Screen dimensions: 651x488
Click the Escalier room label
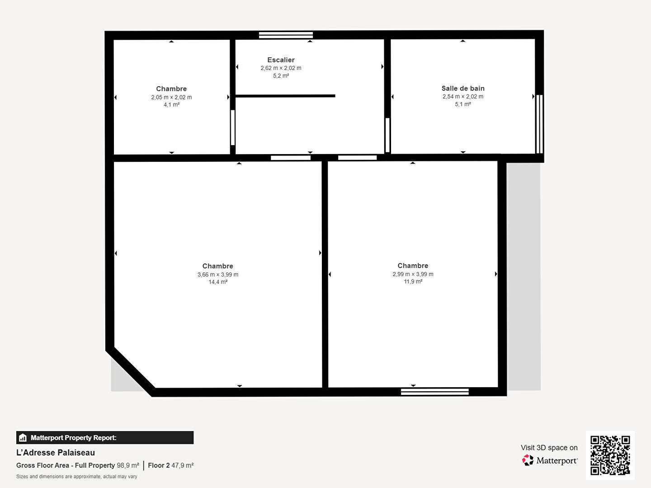281,60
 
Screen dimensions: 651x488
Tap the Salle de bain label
463,88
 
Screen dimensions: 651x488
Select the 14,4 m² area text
218,282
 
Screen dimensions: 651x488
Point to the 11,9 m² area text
413,281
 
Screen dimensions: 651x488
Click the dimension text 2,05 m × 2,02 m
171,97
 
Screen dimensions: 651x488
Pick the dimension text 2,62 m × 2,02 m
281,68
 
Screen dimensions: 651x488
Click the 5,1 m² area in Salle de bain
463,104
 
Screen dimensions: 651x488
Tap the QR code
610,455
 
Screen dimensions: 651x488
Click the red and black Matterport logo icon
528,460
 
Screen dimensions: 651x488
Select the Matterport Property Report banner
105,438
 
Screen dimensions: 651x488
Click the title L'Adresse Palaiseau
56,453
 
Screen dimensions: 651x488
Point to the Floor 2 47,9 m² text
171,465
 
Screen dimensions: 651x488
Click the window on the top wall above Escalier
286,35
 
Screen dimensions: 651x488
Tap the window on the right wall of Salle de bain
539,124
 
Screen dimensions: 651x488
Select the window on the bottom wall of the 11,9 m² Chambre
435,392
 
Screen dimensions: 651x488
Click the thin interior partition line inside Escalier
285,96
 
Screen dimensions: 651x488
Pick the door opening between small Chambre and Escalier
233,128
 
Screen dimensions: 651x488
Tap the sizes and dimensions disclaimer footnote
77,476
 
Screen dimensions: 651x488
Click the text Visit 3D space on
549,448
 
